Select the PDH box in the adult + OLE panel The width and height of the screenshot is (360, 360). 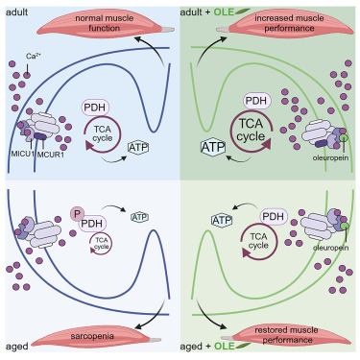(x=255, y=101)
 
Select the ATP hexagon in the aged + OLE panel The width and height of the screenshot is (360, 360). (x=224, y=221)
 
